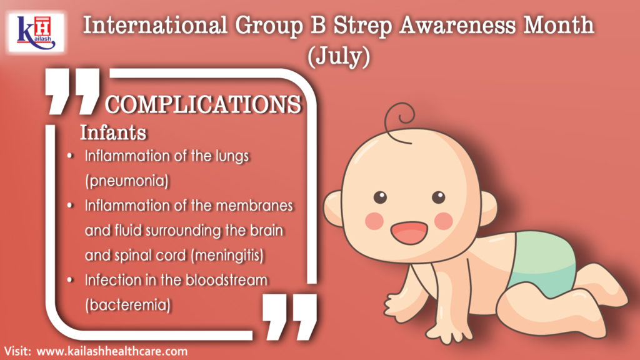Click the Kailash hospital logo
click(x=36, y=32)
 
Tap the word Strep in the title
click(x=362, y=26)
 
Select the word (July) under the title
click(x=339, y=56)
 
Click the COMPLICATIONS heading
click(x=203, y=104)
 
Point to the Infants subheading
click(x=113, y=132)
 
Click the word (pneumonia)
click(x=127, y=181)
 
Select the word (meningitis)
click(x=227, y=256)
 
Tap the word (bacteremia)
click(x=127, y=305)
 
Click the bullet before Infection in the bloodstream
click(x=70, y=280)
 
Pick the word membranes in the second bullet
click(x=254, y=205)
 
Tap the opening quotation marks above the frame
click(x=72, y=91)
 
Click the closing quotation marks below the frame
click(x=289, y=317)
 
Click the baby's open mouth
click(x=409, y=232)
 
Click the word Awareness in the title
click(x=457, y=26)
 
